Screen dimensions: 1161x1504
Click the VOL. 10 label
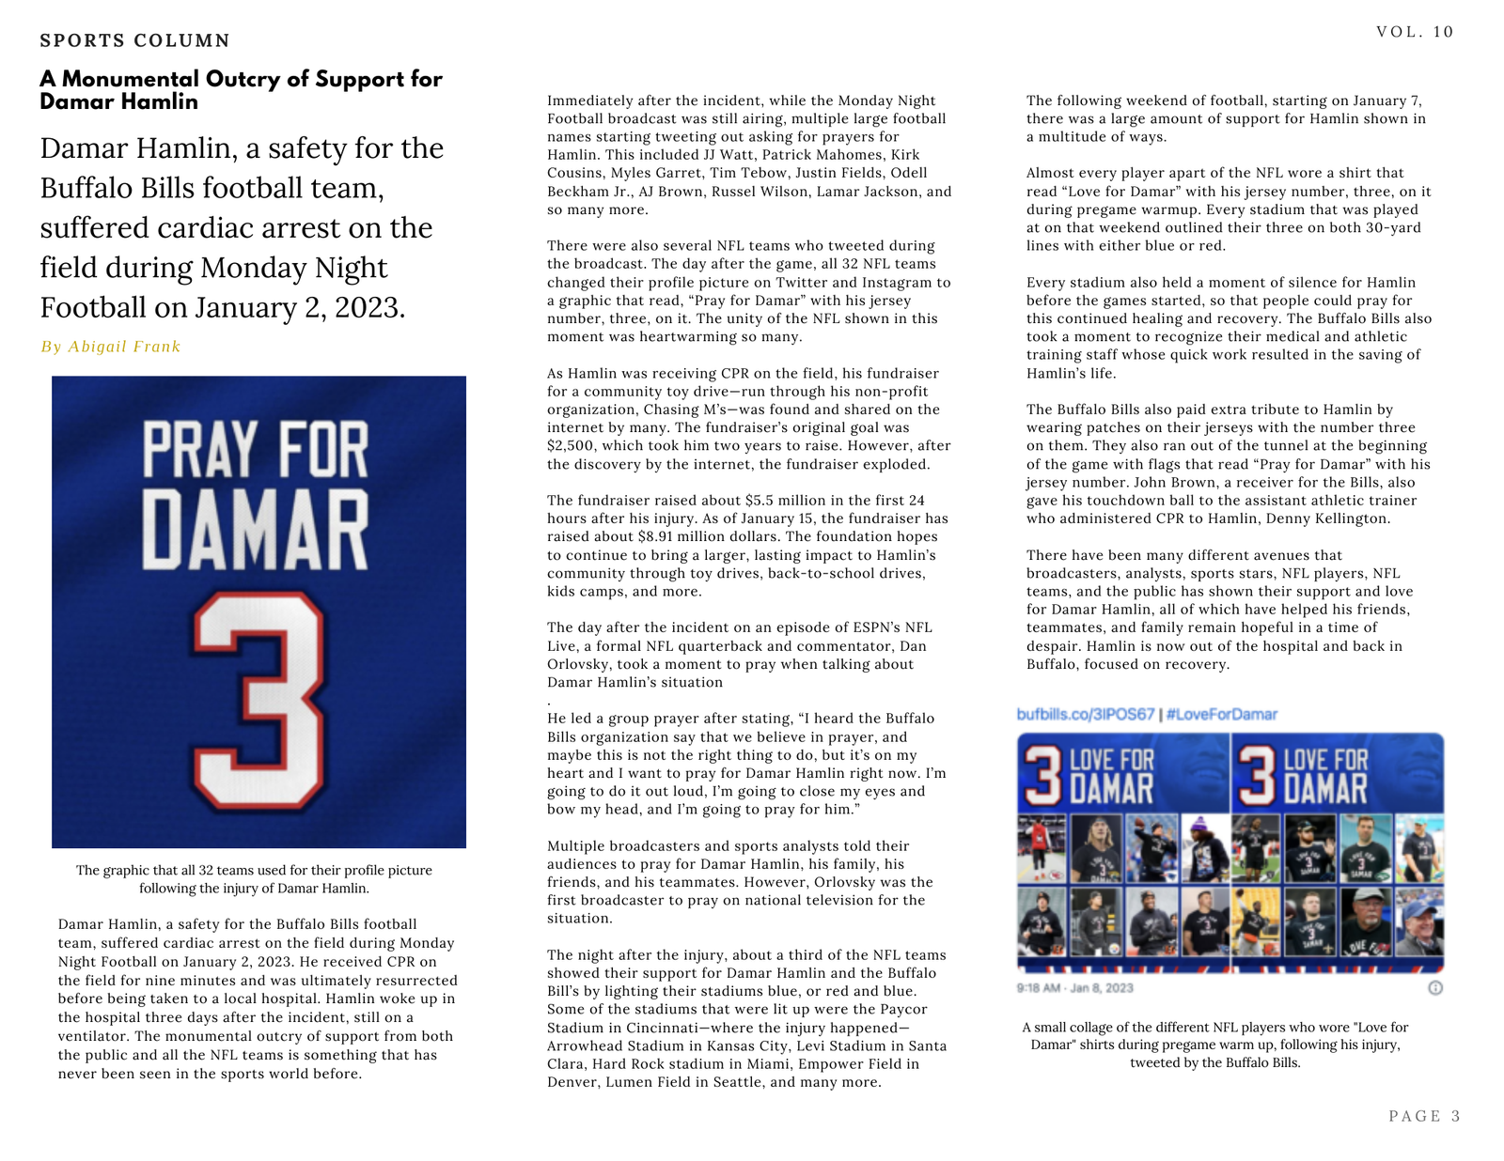[x=1415, y=32]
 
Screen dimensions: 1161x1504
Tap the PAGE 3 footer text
[x=1424, y=1116]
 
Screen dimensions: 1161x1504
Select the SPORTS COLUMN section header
[x=134, y=40]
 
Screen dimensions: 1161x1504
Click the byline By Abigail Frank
[x=110, y=347]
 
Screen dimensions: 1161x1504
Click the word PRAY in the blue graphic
[x=199, y=451]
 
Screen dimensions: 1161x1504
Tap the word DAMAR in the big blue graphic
[x=255, y=532]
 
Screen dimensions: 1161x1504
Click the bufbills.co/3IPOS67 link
[x=1085, y=715]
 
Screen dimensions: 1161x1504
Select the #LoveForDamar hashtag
[x=1222, y=715]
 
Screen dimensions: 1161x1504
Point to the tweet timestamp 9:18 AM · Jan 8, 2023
[x=1074, y=988]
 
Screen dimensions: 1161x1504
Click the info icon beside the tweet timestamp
[x=1435, y=988]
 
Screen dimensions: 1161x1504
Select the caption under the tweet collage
[x=1214, y=1045]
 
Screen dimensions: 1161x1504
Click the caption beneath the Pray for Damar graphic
[x=254, y=879]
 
